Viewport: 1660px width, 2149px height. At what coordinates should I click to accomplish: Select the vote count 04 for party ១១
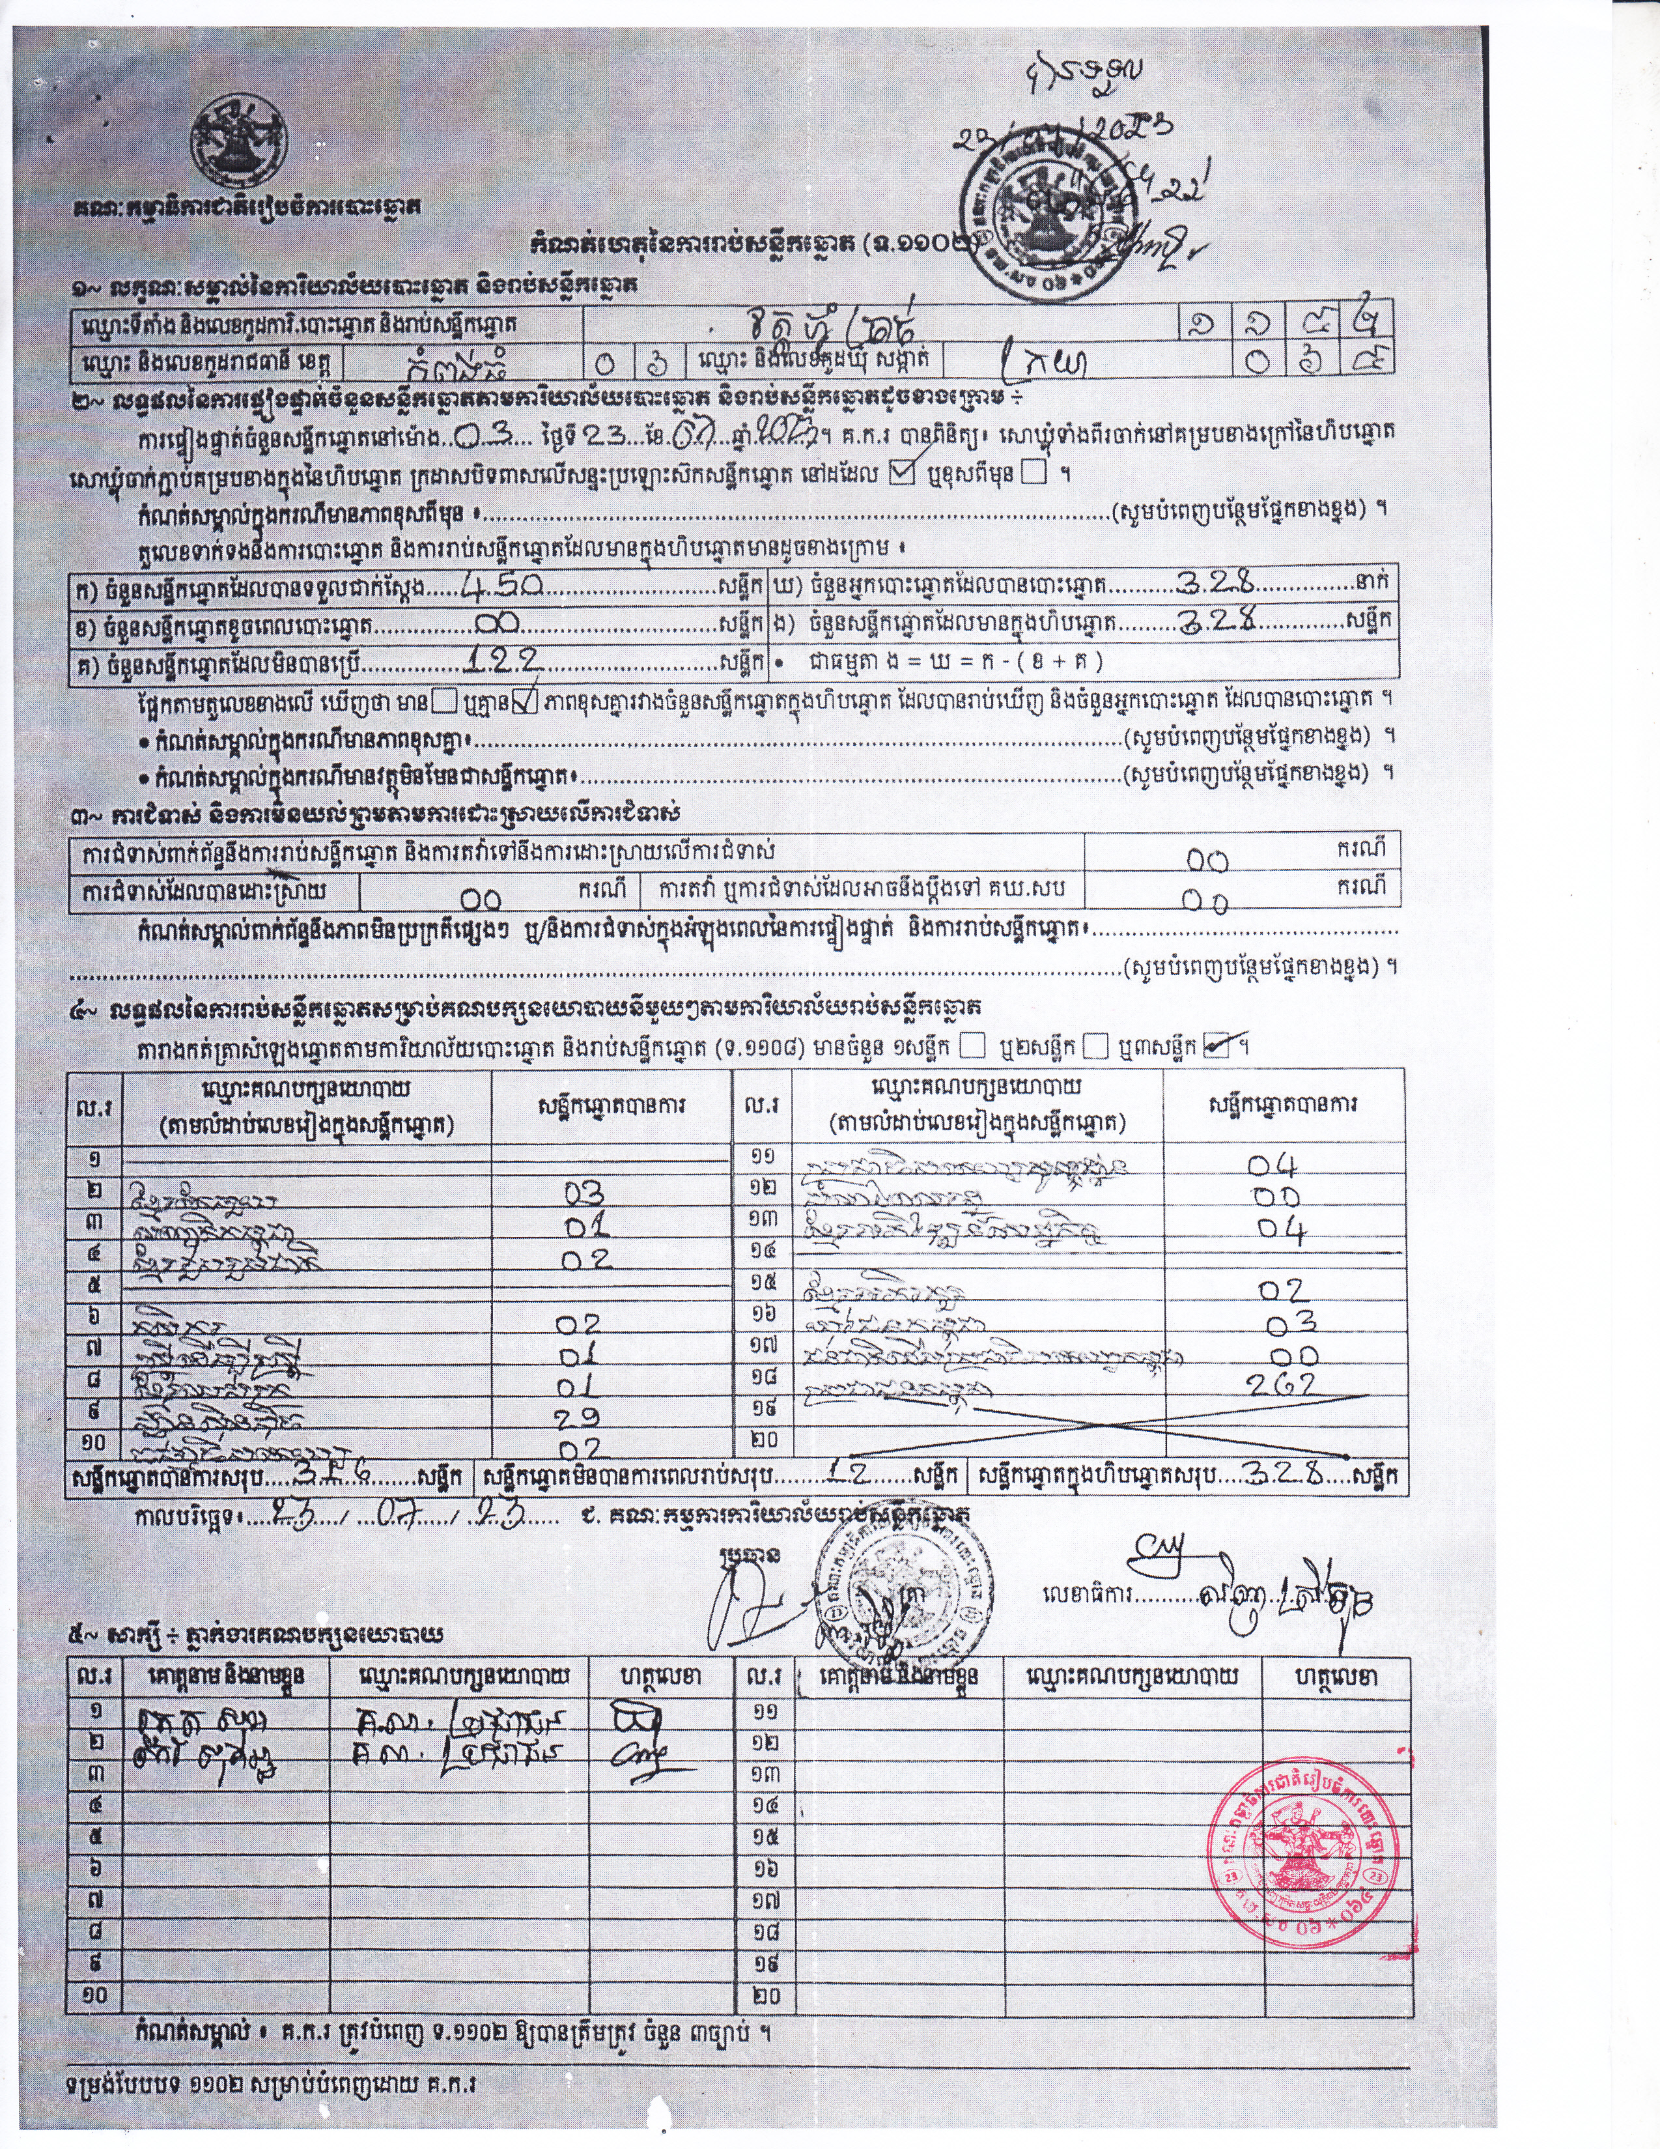(x=1274, y=1165)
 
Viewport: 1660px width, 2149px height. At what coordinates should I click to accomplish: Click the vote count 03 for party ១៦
(x=1290, y=1320)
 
